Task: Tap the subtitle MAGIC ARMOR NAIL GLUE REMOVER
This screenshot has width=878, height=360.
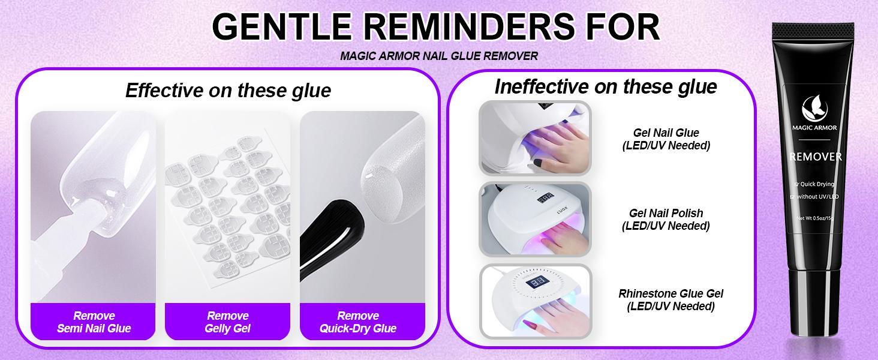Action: coord(439,56)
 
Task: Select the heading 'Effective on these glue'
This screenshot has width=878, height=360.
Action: coord(228,91)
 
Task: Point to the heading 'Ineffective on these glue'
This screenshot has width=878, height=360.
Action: coord(606,87)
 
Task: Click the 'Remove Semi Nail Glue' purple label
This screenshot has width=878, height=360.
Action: coord(94,322)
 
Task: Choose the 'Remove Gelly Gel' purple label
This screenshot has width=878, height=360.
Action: coord(227,322)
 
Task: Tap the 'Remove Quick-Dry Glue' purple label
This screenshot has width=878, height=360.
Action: coord(358,322)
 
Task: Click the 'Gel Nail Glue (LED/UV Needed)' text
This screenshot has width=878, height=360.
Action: coord(666,139)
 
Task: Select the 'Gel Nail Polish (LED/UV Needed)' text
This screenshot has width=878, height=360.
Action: coord(666,220)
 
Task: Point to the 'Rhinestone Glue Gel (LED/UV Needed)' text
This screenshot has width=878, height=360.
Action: coord(670,300)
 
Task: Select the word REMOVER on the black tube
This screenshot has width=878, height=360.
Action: coord(816,157)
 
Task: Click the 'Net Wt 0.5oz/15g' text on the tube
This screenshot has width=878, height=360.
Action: coord(816,218)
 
